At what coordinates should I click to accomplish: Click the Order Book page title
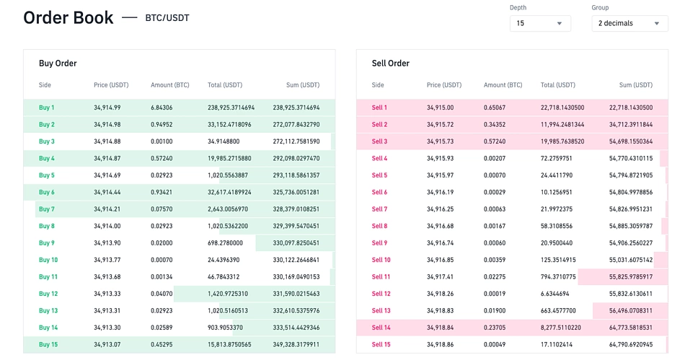click(x=68, y=18)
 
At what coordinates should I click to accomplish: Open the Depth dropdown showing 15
click(x=539, y=23)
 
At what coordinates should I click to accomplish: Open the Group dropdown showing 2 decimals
click(x=628, y=23)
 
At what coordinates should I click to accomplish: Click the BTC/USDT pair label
click(x=167, y=18)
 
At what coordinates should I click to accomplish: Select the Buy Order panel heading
click(x=58, y=63)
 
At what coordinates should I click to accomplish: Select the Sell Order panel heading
click(x=390, y=63)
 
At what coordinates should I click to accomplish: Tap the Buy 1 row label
click(x=47, y=107)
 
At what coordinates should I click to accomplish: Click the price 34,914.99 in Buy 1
click(x=107, y=107)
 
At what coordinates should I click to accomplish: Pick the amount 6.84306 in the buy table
click(x=162, y=107)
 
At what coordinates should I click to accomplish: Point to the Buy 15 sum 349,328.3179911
click(x=296, y=344)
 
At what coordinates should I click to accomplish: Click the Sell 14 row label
click(x=381, y=328)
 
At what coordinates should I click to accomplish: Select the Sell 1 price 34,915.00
click(x=440, y=107)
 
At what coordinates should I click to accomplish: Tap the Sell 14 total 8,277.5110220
click(x=562, y=328)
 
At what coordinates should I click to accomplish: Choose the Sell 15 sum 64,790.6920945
click(x=631, y=344)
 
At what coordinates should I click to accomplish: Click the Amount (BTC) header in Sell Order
click(x=503, y=85)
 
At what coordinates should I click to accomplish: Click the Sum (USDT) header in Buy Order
click(x=302, y=85)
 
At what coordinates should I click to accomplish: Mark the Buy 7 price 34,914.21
click(x=107, y=209)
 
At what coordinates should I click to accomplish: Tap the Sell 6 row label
click(x=379, y=193)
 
